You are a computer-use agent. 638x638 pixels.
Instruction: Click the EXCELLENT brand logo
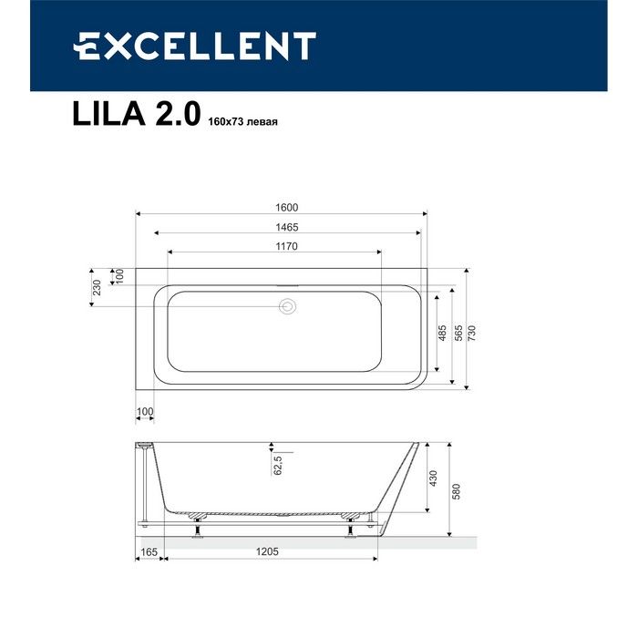pos(194,46)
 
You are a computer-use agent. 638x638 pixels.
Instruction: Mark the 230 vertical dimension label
pos(95,288)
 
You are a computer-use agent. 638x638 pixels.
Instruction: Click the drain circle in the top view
pos(288,308)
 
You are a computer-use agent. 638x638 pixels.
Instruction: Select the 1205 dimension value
pos(267,552)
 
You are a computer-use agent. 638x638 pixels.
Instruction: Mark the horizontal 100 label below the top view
pos(145,412)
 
